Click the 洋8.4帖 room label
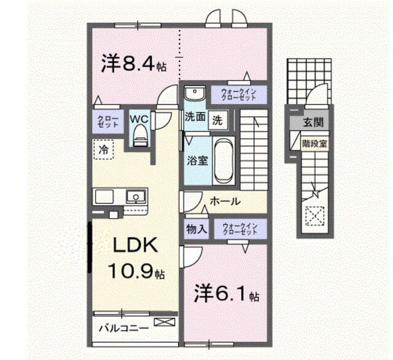tap(134, 64)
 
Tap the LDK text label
tap(135, 245)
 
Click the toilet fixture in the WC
tap(140, 136)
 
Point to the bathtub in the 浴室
tap(224, 160)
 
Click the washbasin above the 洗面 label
tap(195, 93)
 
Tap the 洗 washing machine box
tap(217, 120)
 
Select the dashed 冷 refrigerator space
tap(104, 149)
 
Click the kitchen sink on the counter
tap(136, 197)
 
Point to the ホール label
tap(225, 201)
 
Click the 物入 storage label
tap(196, 229)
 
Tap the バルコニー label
tap(124, 328)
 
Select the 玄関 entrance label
tap(313, 122)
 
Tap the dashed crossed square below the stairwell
tap(315, 216)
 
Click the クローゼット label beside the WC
tap(108, 122)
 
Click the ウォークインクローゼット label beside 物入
tap(240, 229)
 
